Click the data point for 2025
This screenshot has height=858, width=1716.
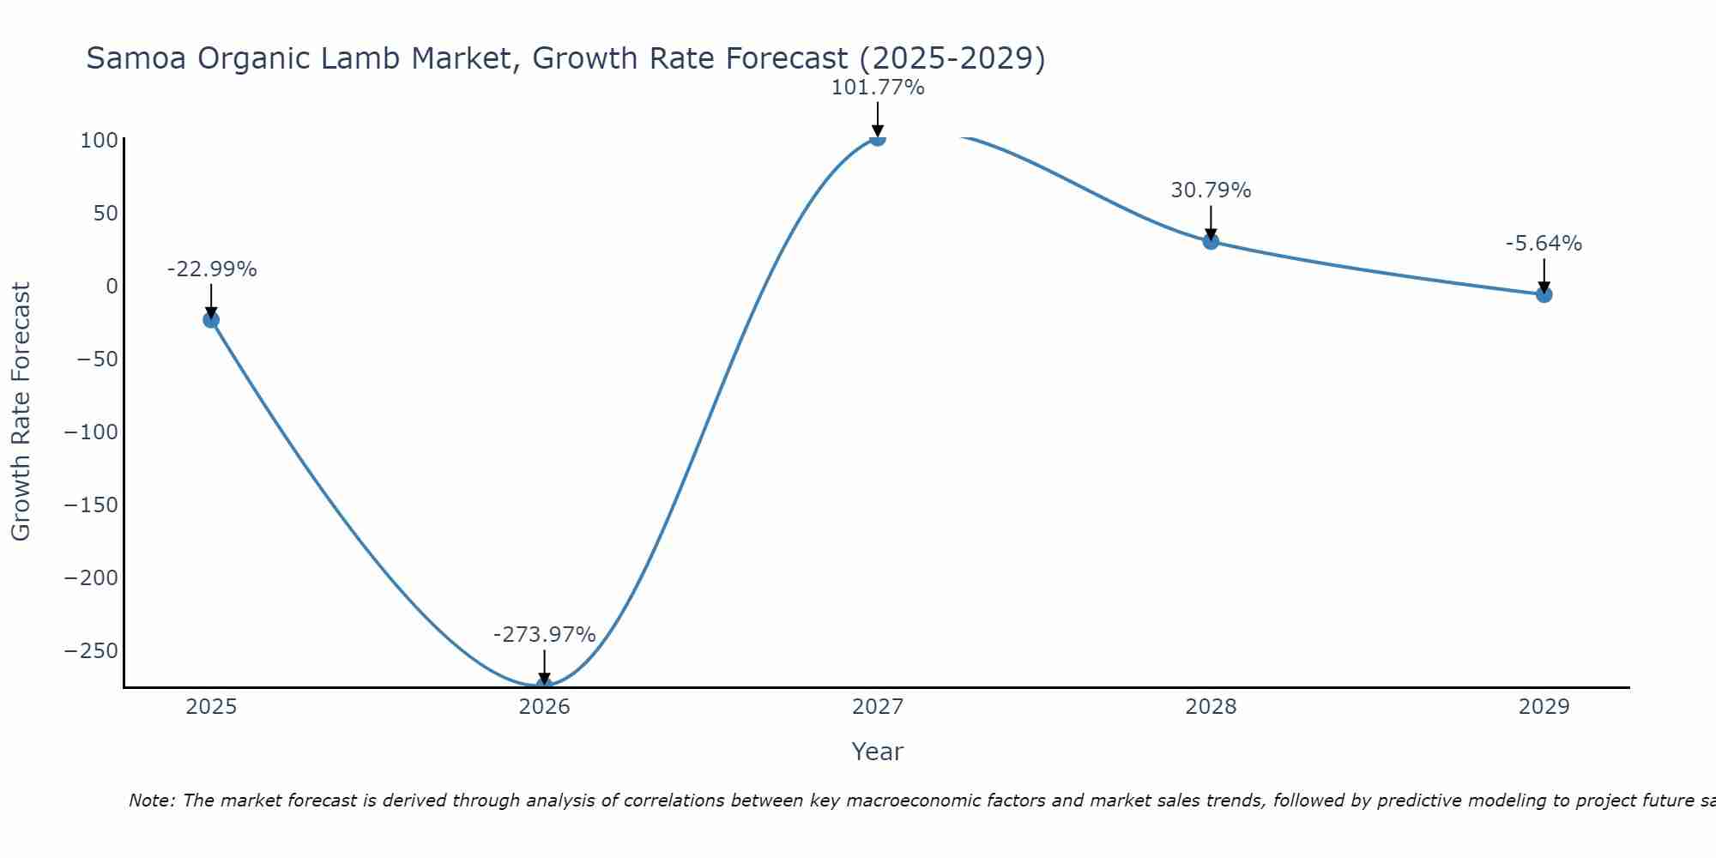[211, 320]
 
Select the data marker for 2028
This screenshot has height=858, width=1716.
[1211, 241]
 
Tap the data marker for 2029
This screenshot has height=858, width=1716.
[1544, 294]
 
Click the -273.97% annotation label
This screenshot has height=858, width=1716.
[544, 635]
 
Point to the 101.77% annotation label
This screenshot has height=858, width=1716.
[877, 88]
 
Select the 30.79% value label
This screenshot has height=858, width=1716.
[1211, 190]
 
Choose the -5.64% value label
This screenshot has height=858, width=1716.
[1544, 244]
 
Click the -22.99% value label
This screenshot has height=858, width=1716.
[211, 269]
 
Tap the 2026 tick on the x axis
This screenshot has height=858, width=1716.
[544, 707]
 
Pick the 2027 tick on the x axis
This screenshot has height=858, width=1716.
[877, 707]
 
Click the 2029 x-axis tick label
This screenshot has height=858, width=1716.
[1544, 707]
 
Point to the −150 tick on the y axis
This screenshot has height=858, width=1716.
[91, 505]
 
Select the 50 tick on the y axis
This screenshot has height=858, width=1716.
[105, 213]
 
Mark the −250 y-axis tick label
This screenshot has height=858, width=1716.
[91, 650]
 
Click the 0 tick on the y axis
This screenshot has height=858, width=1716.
[112, 286]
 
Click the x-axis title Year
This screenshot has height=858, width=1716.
[877, 752]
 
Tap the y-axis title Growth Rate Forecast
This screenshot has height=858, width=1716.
[21, 412]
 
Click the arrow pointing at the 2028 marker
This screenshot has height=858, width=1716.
[1211, 222]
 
